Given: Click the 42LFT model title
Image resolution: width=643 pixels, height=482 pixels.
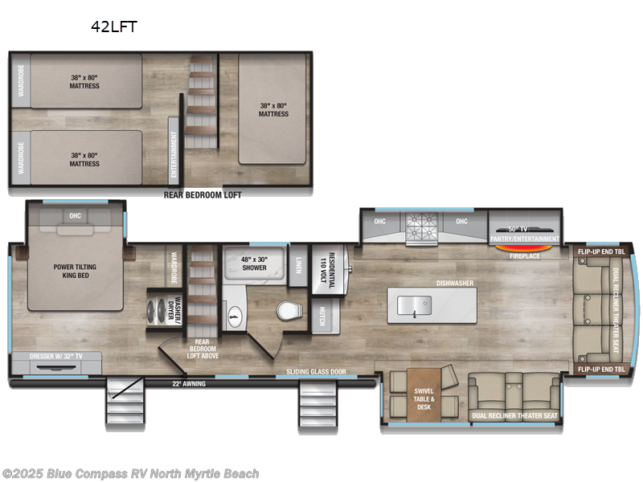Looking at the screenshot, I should click(115, 27).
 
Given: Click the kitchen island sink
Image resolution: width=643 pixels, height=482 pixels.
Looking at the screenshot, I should click(414, 304).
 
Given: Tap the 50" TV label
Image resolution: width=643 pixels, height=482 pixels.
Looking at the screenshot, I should click(524, 231).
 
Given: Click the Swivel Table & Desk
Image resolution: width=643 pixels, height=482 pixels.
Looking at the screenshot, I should click(424, 394).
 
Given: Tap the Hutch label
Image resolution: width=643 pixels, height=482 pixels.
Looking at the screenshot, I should click(322, 316).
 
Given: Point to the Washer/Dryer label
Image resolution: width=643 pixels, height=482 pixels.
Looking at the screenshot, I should click(178, 308).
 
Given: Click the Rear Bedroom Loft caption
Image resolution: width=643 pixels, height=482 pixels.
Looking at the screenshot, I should click(203, 194).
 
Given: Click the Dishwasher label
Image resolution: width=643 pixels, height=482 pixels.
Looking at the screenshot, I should click(454, 282).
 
